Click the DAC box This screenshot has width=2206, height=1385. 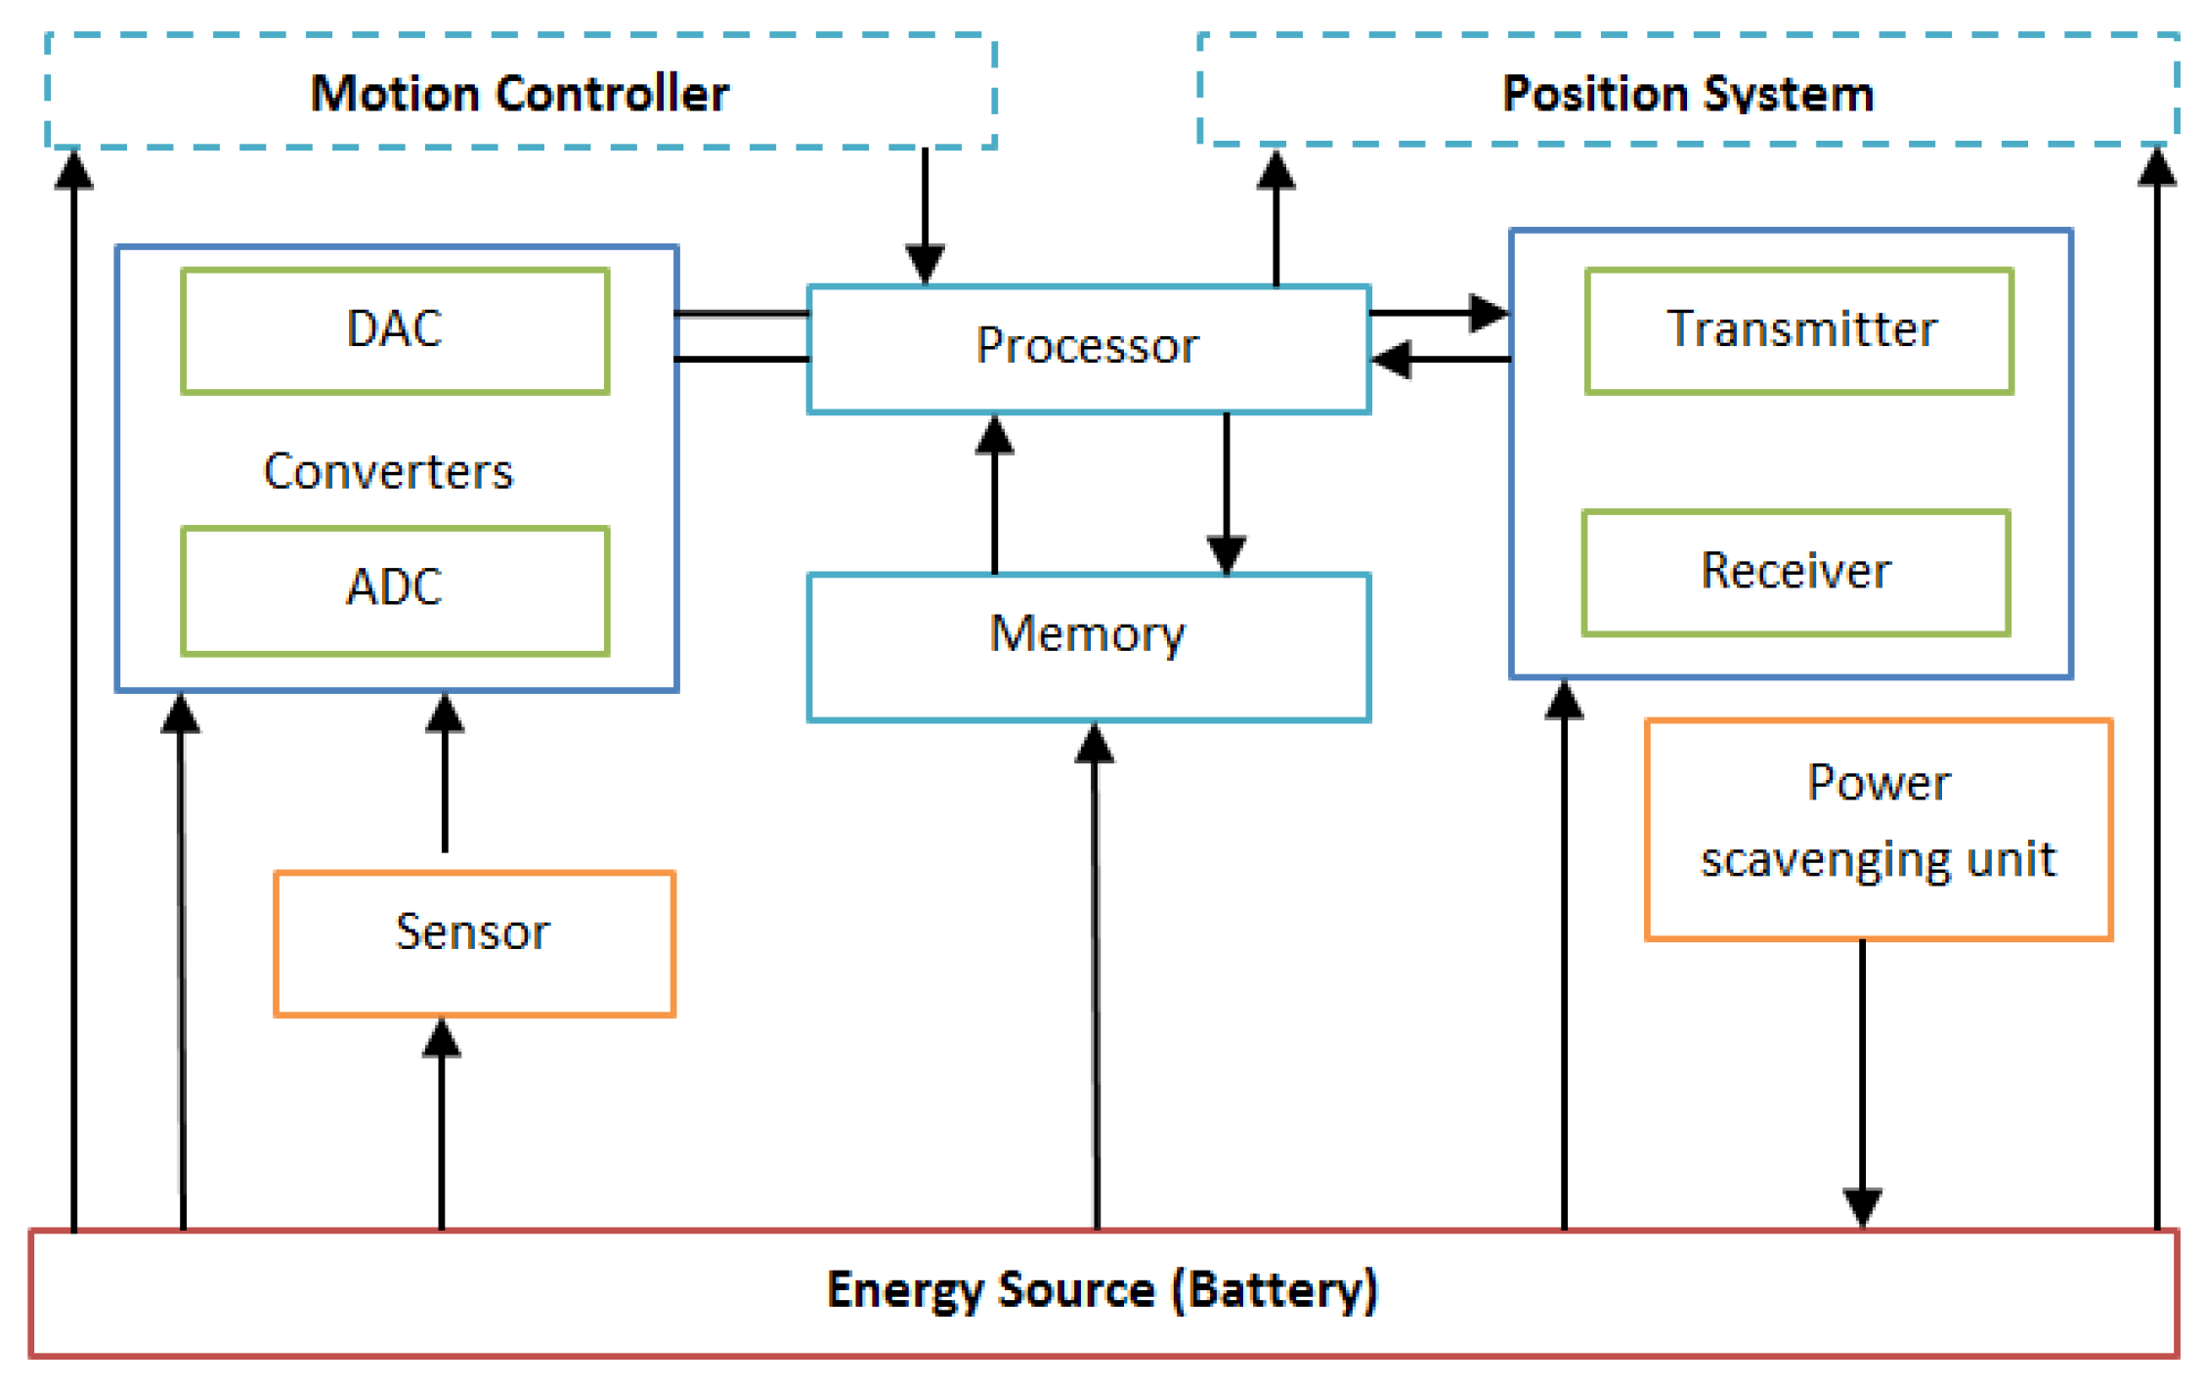(395, 330)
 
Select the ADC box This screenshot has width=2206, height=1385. (395, 589)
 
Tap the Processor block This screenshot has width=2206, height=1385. (1088, 348)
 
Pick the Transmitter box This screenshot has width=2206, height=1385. (1798, 330)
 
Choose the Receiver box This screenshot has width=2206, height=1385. (1795, 572)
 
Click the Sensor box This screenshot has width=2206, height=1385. (474, 942)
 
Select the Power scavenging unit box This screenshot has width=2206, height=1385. (1878, 828)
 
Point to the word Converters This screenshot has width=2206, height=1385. (388, 472)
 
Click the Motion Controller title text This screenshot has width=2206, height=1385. (519, 94)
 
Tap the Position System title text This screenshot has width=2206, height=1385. (1687, 94)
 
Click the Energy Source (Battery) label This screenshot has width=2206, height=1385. (1102, 1290)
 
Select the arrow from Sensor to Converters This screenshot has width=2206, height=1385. (445, 772)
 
